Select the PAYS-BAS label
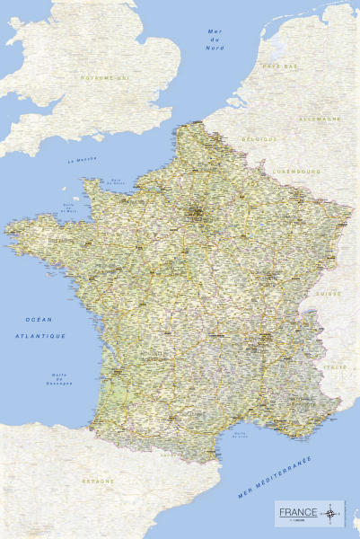click(279, 66)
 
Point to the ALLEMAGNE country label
click(320, 119)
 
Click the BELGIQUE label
click(259, 139)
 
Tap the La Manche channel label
click(82, 161)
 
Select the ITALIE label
click(334, 367)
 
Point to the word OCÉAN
click(40, 320)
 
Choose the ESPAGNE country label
click(100, 482)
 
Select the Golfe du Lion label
click(239, 435)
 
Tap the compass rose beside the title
click(333, 512)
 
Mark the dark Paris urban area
click(194, 213)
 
